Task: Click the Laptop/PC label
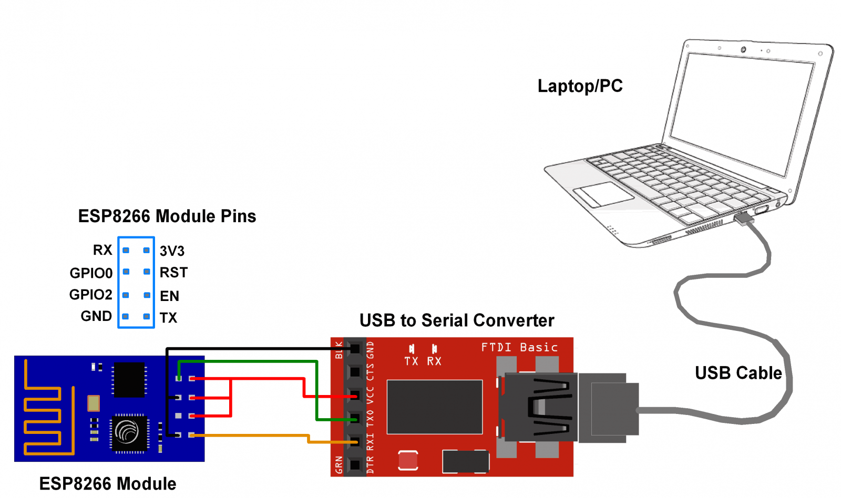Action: [580, 86]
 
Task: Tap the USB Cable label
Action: [738, 373]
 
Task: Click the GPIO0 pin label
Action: [91, 273]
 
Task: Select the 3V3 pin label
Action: [172, 251]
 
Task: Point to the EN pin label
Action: [169, 296]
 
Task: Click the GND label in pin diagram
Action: [96, 316]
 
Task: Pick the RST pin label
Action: [173, 273]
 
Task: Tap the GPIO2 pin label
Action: [90, 295]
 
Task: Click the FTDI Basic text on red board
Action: [519, 347]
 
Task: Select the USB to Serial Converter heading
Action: [457, 320]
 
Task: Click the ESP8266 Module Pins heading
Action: [167, 216]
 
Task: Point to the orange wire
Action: [252, 435]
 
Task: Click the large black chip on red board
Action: [435, 407]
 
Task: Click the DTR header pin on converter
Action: [355, 465]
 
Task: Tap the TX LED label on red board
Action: [411, 361]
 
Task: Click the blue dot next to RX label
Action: [126, 251]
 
